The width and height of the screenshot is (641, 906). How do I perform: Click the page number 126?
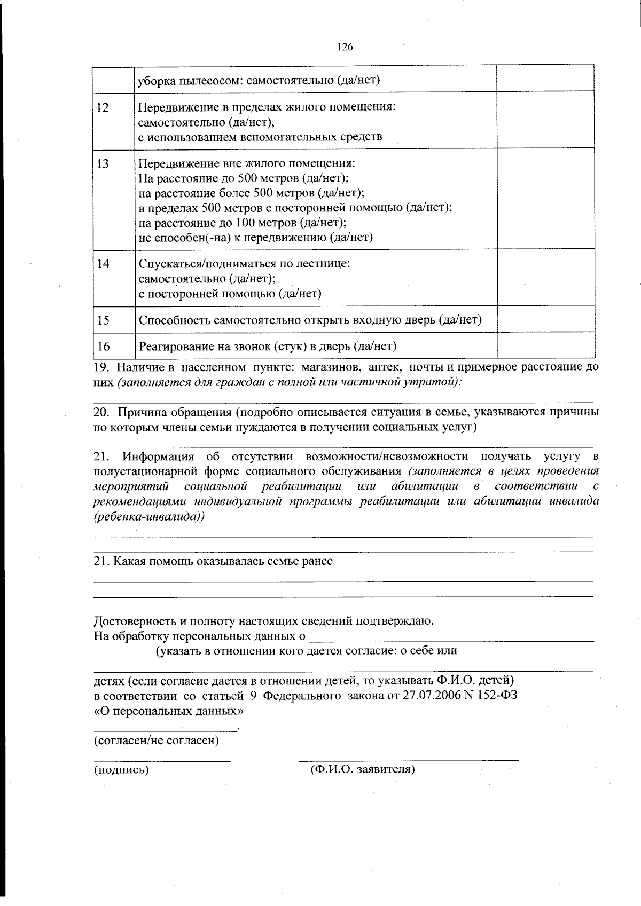click(x=345, y=47)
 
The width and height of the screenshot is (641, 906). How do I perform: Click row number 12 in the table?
click(x=103, y=107)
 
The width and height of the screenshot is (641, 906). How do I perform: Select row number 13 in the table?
click(x=103, y=164)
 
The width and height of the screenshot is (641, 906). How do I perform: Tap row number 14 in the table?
click(x=103, y=264)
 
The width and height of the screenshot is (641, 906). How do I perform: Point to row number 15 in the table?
click(x=103, y=320)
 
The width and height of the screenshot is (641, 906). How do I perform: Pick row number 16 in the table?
click(x=103, y=346)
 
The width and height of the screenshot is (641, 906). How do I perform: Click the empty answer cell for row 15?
click(x=545, y=319)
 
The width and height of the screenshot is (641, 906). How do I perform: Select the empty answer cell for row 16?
click(x=545, y=345)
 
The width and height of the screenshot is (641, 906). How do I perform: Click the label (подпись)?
click(x=121, y=770)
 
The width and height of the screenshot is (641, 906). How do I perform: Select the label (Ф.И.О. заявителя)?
click(x=363, y=770)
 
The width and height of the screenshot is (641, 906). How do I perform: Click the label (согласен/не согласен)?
click(x=156, y=740)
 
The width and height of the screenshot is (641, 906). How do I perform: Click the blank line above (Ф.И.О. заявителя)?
click(x=408, y=758)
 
